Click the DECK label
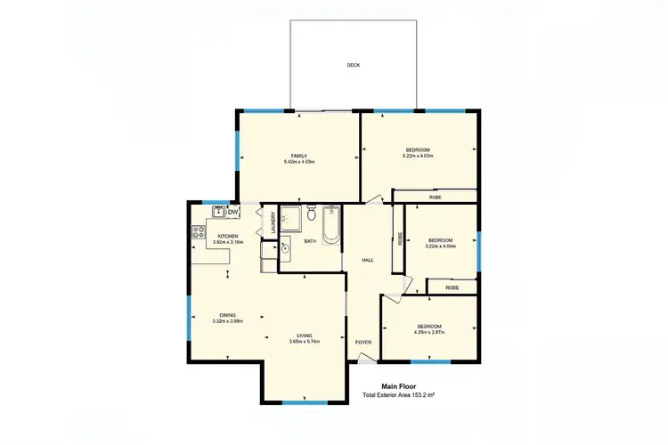[x=354, y=65]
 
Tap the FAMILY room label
[x=298, y=156]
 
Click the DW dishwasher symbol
[x=232, y=212]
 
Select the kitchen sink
[x=218, y=212]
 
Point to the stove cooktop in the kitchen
[x=198, y=232]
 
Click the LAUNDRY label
[x=273, y=223]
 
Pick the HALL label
[x=367, y=260]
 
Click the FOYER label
[x=363, y=342]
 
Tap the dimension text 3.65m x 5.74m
[x=304, y=342]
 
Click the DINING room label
[x=228, y=315]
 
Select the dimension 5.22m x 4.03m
[x=418, y=156]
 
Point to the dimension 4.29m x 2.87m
[x=429, y=332]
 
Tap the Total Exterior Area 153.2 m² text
[x=398, y=395]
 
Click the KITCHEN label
[x=228, y=236]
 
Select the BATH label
[x=310, y=241]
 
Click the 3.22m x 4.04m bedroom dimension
[x=441, y=246]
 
